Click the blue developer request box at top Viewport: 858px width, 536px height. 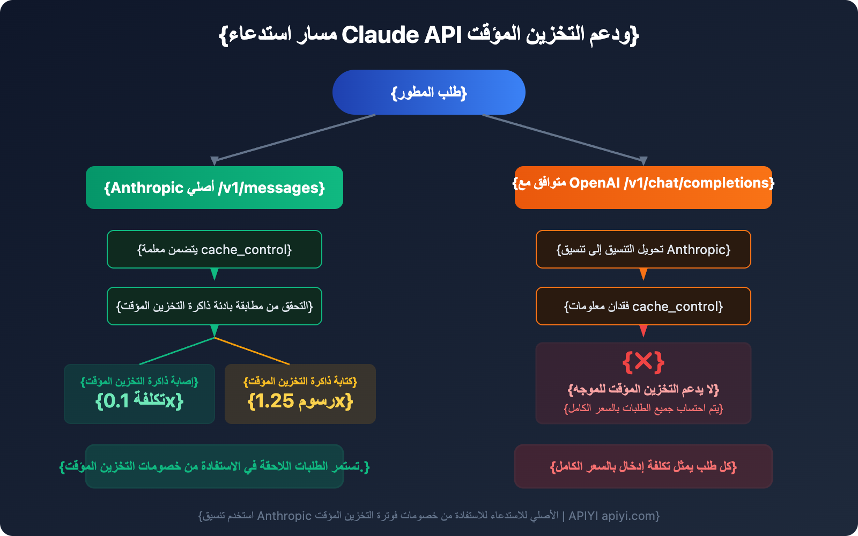point(429,92)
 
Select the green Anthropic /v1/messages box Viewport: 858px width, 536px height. point(214,188)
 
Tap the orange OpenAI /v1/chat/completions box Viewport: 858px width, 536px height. point(643,188)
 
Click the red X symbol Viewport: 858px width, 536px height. point(643,362)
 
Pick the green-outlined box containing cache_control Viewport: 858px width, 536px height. point(214,249)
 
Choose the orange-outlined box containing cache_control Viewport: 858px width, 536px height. point(643,306)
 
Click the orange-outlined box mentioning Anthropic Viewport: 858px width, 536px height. point(643,249)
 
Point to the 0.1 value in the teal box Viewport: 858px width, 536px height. point(116,401)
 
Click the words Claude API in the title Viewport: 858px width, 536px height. point(402,35)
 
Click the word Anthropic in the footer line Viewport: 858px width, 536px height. point(284,516)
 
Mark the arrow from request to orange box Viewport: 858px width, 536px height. point(563,138)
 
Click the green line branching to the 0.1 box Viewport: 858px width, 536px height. point(177,351)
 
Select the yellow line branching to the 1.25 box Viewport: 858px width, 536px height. point(252,351)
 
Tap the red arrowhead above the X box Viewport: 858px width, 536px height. point(643,331)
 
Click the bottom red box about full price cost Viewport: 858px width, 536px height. point(643,466)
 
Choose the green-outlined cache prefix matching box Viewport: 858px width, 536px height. point(214,306)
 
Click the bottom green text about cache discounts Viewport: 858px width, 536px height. point(214,466)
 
